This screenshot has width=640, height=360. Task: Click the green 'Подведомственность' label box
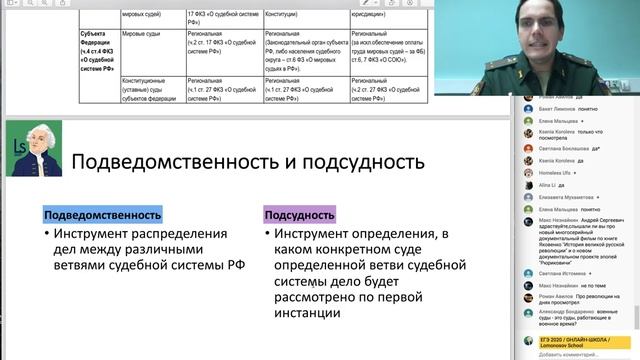[102, 214]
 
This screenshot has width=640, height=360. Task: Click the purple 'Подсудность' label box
[300, 214]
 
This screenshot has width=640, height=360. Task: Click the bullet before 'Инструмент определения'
[271, 234]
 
